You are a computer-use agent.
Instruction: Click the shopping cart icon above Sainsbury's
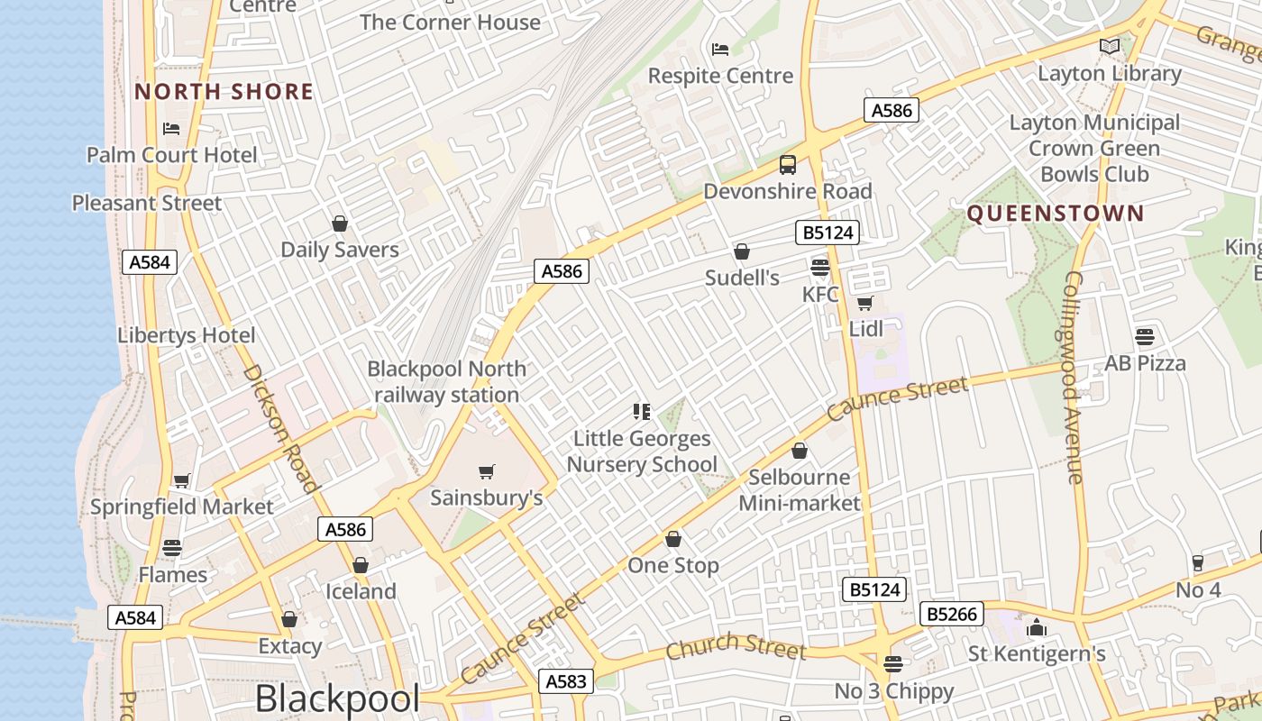click(487, 471)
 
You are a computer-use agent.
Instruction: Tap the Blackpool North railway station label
click(446, 382)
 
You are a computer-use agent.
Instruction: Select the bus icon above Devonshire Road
click(788, 165)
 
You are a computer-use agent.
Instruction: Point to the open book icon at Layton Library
click(1110, 46)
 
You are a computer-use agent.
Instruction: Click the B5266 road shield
click(953, 615)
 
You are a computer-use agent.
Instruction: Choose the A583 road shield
click(566, 681)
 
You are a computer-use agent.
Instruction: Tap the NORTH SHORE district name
click(224, 92)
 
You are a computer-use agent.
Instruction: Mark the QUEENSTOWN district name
click(1056, 214)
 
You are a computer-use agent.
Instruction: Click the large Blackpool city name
click(337, 698)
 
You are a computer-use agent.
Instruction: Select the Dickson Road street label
click(280, 428)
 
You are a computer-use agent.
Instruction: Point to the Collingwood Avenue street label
click(1072, 378)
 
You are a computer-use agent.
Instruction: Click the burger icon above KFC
click(820, 267)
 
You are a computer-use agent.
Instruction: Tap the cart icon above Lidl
click(865, 303)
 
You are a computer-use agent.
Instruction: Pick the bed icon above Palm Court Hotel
click(171, 129)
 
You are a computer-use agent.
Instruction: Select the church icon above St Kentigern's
click(1037, 626)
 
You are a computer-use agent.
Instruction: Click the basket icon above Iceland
click(361, 565)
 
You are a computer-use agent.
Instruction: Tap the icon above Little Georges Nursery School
click(642, 412)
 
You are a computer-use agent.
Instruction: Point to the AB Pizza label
click(1145, 363)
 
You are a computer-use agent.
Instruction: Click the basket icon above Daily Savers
click(340, 224)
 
